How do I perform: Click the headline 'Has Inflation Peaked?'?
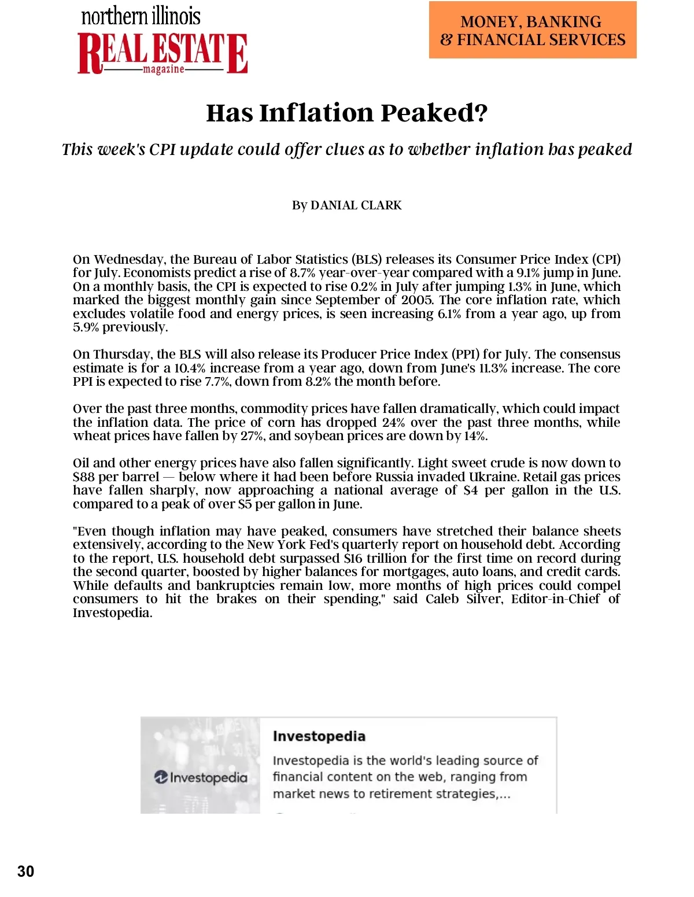[x=346, y=113]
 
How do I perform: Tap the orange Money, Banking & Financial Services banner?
[x=532, y=30]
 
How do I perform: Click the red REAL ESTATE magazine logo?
[x=163, y=54]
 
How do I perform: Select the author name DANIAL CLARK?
[x=356, y=205]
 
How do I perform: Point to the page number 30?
[x=26, y=872]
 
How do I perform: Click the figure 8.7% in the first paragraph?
[x=302, y=273]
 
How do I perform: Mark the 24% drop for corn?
[x=393, y=423]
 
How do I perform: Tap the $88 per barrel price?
[x=84, y=477]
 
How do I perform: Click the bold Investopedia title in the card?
[x=319, y=736]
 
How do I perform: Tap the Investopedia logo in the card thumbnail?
[x=201, y=777]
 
